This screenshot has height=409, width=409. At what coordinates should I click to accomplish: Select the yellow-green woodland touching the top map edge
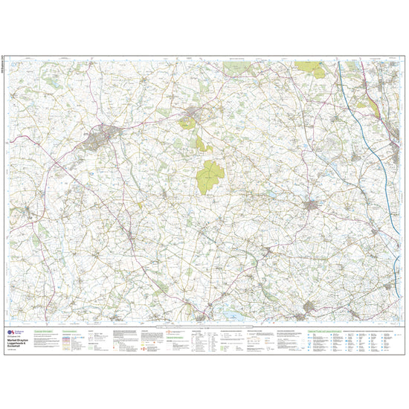(x=306, y=65)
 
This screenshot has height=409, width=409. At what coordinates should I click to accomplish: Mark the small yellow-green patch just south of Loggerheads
(x=199, y=141)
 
